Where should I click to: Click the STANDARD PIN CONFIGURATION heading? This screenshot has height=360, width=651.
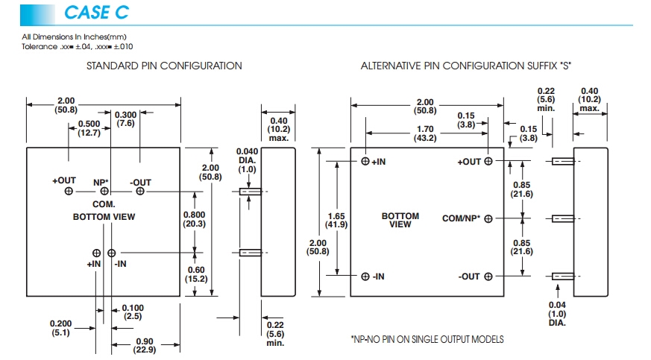point(164,66)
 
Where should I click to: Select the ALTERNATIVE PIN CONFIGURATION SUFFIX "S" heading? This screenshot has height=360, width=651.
point(466,66)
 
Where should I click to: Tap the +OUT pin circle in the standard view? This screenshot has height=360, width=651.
point(69,192)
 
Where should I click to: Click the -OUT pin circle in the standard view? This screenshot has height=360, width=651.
point(139,192)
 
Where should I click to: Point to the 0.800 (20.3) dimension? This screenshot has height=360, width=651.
point(195,218)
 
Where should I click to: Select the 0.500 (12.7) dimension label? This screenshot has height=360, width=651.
point(89,128)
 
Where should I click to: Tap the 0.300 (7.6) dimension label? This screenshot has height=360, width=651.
point(125,119)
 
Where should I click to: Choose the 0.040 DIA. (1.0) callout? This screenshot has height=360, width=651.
point(247,160)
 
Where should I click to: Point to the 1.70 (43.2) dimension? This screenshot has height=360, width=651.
point(426,133)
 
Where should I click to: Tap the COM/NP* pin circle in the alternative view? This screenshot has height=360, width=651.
point(488,218)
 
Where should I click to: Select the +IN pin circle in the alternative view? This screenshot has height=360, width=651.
point(365,161)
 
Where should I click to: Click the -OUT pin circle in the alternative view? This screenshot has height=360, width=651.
point(488,277)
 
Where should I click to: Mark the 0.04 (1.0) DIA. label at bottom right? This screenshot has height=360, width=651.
point(557,314)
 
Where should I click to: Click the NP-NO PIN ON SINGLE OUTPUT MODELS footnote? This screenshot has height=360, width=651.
point(427,340)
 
